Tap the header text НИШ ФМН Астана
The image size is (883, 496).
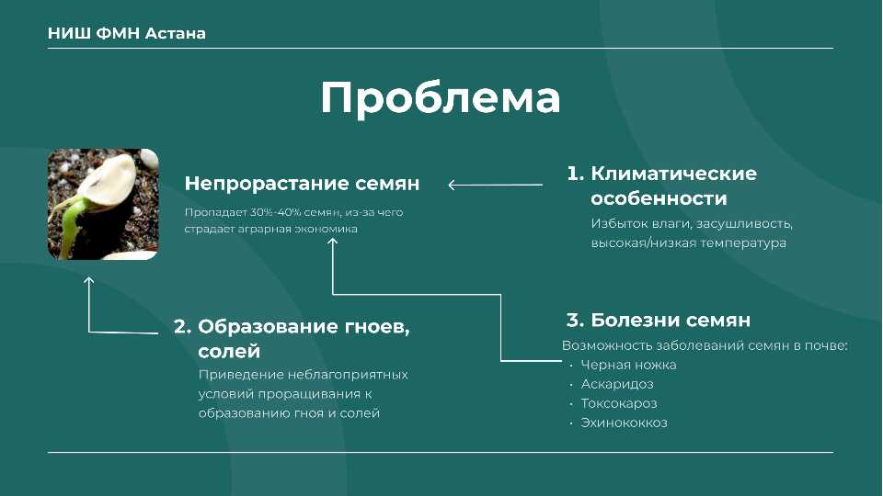[x=127, y=33]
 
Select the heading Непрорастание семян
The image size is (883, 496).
[x=302, y=184]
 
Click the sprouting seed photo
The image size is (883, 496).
[x=103, y=204]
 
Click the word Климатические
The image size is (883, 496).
[x=673, y=174]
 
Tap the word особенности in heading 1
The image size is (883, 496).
[x=659, y=198]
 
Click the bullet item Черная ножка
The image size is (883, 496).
[x=628, y=365]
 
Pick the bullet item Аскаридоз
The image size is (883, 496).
[x=617, y=384]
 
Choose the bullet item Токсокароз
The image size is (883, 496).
[x=619, y=403]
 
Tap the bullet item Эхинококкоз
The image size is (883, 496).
[x=624, y=423]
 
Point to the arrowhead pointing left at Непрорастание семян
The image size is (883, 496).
[x=452, y=185]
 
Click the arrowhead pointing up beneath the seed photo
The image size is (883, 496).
[x=89, y=280]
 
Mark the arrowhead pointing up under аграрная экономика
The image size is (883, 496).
[x=333, y=242]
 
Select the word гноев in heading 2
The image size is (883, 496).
[x=373, y=327]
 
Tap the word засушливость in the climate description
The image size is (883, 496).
[x=744, y=224]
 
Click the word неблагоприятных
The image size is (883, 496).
[x=348, y=375]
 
